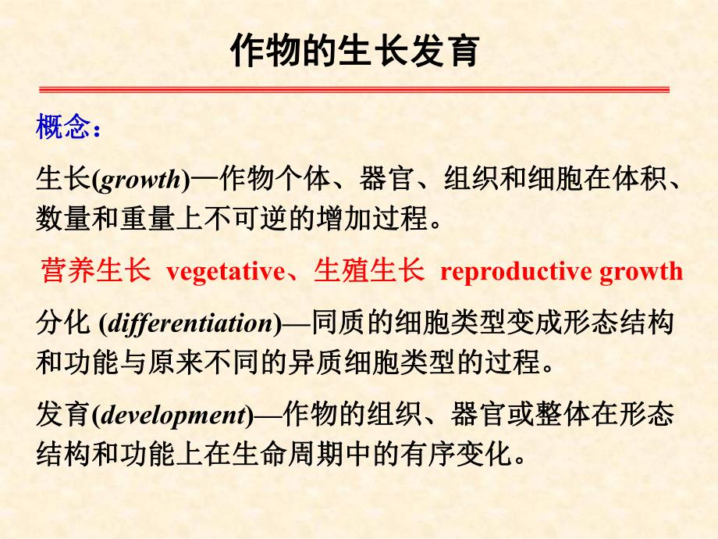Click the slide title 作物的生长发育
[x=355, y=52]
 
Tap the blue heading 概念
[x=64, y=127]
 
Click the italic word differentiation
[x=190, y=323]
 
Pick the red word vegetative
[x=226, y=271]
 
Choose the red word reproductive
[x=516, y=271]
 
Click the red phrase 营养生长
[x=94, y=271]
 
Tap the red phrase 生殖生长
[x=368, y=271]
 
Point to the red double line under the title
[x=354, y=90]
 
